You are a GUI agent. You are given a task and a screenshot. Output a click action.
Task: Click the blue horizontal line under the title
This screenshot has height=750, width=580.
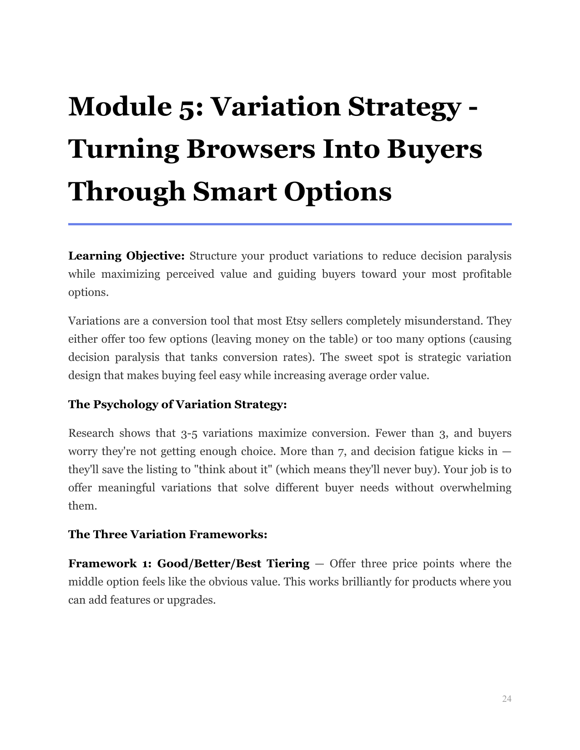pyautogui.click(x=290, y=224)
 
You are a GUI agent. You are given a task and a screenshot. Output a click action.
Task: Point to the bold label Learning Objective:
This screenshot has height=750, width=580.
pyautogui.click(x=126, y=256)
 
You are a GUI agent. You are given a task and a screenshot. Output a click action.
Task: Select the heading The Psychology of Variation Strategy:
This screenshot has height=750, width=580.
pyautogui.click(x=177, y=404)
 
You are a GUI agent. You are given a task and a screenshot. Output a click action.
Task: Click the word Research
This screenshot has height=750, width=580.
pyautogui.click(x=91, y=433)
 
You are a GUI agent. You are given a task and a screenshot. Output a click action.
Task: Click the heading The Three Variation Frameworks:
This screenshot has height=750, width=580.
pyautogui.click(x=167, y=534)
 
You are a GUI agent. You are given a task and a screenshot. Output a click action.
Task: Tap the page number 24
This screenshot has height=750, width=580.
pyautogui.click(x=507, y=699)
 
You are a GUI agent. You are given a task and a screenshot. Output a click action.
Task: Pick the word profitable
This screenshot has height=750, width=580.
pyautogui.click(x=487, y=274)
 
